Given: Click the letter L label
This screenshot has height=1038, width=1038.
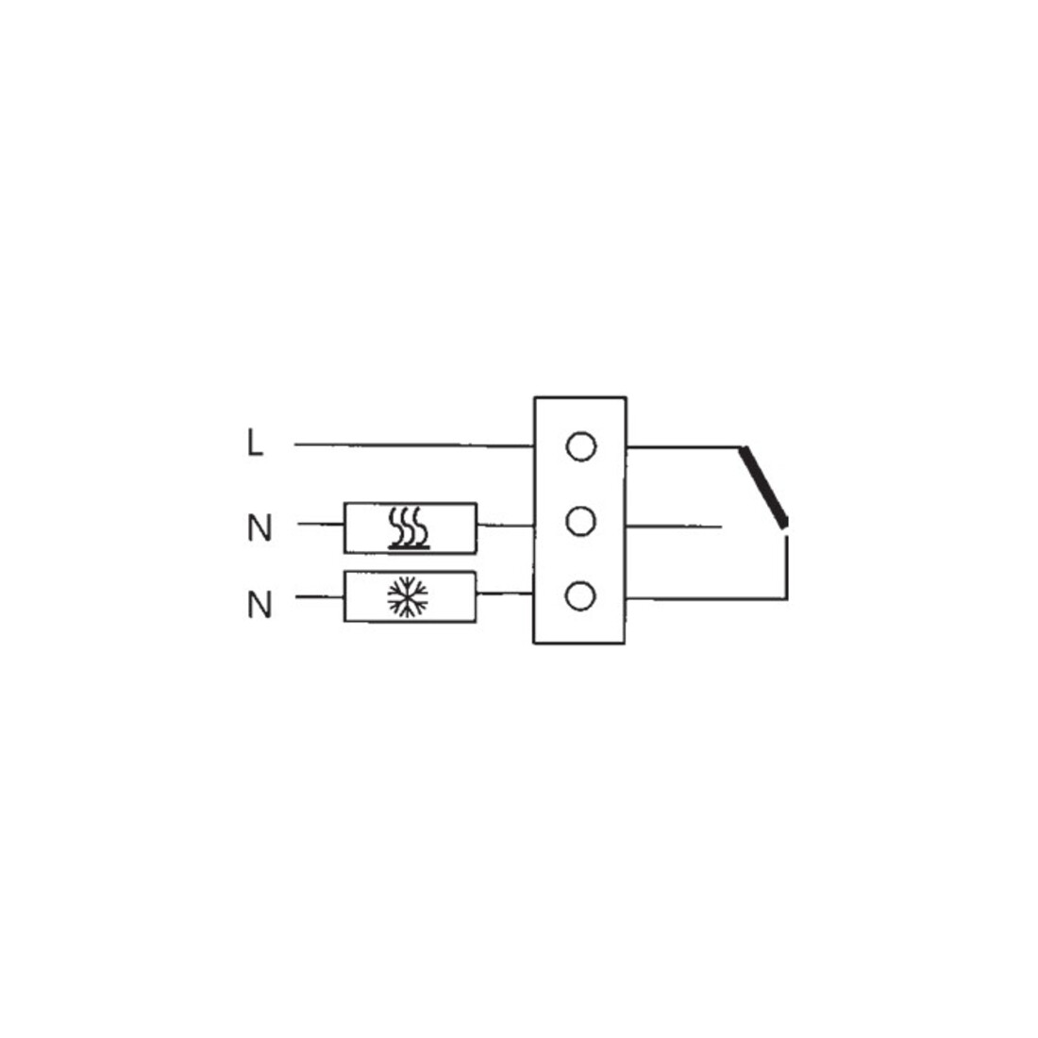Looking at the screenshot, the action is pyautogui.click(x=255, y=443).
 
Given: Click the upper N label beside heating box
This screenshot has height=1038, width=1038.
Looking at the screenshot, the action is pyautogui.click(x=259, y=527).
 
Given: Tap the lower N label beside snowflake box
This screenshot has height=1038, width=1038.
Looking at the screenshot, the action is pyautogui.click(x=259, y=604).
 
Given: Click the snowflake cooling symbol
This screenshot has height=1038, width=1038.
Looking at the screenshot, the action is pyautogui.click(x=408, y=597).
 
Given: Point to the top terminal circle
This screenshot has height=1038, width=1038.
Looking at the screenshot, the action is pyautogui.click(x=580, y=447).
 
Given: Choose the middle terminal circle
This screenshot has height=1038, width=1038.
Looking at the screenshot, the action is pyautogui.click(x=580, y=522).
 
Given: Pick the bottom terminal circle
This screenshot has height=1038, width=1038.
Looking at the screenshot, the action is pyautogui.click(x=580, y=595).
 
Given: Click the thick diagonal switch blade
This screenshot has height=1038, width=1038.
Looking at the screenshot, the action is pyautogui.click(x=764, y=487).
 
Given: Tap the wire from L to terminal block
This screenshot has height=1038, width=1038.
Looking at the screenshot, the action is pyautogui.click(x=414, y=445).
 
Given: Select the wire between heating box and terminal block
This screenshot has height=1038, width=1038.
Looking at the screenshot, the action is pyautogui.click(x=505, y=526).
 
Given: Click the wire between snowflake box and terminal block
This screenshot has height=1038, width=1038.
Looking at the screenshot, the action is pyautogui.click(x=505, y=594).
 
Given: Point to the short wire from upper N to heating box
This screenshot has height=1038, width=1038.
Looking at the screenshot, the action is pyautogui.click(x=321, y=525).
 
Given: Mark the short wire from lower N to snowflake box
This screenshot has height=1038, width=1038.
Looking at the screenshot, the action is pyautogui.click(x=320, y=597).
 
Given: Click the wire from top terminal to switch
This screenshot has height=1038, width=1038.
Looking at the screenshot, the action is pyautogui.click(x=683, y=447).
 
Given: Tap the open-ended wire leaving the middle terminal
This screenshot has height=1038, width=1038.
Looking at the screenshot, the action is pyautogui.click(x=673, y=527).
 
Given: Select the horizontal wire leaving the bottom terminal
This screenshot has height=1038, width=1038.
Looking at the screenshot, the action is pyautogui.click(x=707, y=599).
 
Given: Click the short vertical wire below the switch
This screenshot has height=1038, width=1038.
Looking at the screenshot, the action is pyautogui.click(x=786, y=567).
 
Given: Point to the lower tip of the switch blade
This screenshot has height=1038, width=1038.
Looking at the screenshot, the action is pyautogui.click(x=785, y=526).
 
